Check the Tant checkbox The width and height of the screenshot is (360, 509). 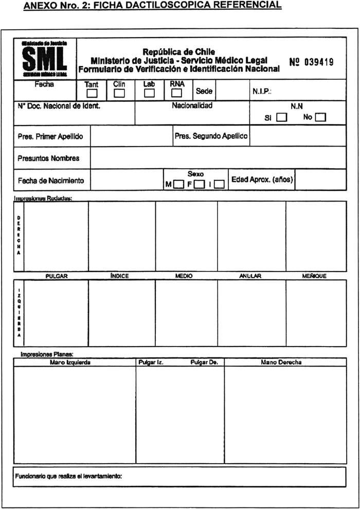pyautogui.click(x=92, y=94)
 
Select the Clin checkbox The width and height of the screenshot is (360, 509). pyautogui.click(x=119, y=94)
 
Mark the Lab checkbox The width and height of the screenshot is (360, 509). pyautogui.click(x=149, y=94)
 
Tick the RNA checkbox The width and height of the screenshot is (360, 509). pyautogui.click(x=176, y=94)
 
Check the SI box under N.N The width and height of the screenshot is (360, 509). pyautogui.click(x=282, y=117)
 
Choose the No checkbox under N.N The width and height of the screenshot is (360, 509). pyautogui.click(x=321, y=117)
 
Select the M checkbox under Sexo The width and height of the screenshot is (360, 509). pyautogui.click(x=179, y=184)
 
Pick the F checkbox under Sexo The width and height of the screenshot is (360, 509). pyautogui.click(x=200, y=184)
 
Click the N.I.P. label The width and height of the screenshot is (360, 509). pyautogui.click(x=262, y=92)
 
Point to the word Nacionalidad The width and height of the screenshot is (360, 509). pyautogui.click(x=192, y=106)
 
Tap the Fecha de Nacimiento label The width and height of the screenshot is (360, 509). pyautogui.click(x=51, y=181)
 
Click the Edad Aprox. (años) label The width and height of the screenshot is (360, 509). pyautogui.click(x=262, y=179)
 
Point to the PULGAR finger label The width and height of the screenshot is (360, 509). pyautogui.click(x=57, y=276)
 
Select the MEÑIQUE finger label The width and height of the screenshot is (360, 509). pyautogui.click(x=314, y=276)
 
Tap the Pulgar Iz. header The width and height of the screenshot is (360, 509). pyautogui.click(x=151, y=362)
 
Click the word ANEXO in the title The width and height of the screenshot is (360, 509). pyautogui.click(x=39, y=5)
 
